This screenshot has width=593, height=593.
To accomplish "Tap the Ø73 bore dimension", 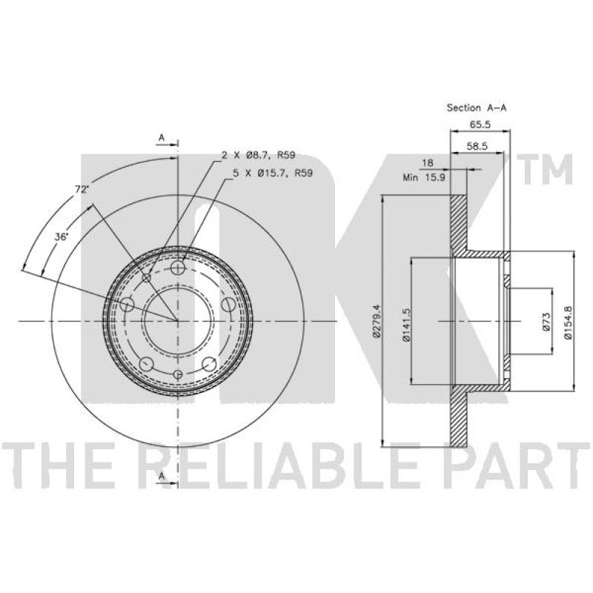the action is [546, 322].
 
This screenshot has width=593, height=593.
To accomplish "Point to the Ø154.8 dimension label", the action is [567, 322].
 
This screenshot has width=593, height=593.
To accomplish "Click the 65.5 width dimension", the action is [480, 125].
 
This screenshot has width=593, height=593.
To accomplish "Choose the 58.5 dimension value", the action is [477, 146].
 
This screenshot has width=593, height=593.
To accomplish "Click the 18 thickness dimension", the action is [428, 163].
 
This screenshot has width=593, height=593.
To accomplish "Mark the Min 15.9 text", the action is [424, 177].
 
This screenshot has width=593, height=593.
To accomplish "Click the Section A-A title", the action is [477, 107].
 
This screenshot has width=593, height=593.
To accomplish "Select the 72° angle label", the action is [82, 190].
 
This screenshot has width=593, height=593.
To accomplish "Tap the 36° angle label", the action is [61, 237].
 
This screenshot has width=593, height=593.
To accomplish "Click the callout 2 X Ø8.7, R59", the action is [258, 155].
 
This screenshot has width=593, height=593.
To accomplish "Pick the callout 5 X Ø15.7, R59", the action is [272, 173].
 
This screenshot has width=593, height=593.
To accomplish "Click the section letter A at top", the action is [162, 138].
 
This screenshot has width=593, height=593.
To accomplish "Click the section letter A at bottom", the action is [162, 476].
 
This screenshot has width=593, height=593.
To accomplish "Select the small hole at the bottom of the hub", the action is [178, 374].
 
